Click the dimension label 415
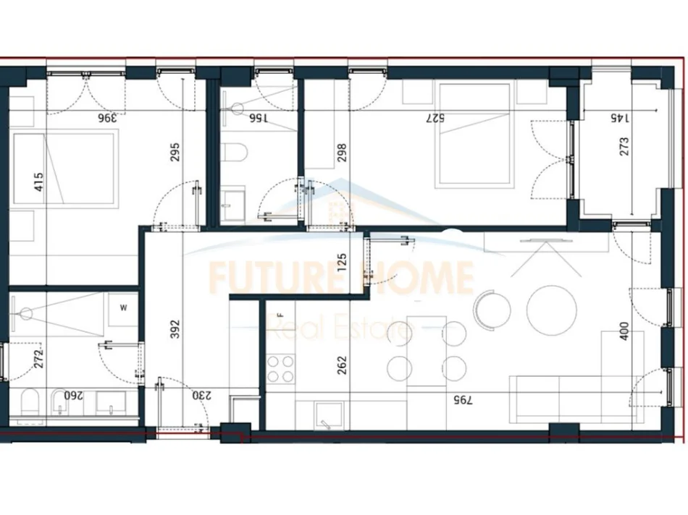point(38,180)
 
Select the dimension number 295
point(175,151)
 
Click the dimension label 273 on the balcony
point(624,146)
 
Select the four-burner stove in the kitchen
point(280,368)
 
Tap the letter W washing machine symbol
point(123,308)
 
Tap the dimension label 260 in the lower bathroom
point(72,396)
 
